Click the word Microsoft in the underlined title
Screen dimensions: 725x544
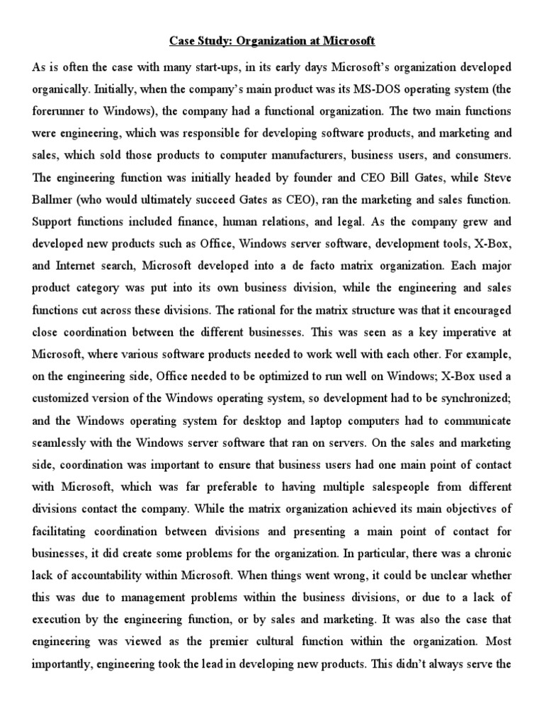348,41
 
